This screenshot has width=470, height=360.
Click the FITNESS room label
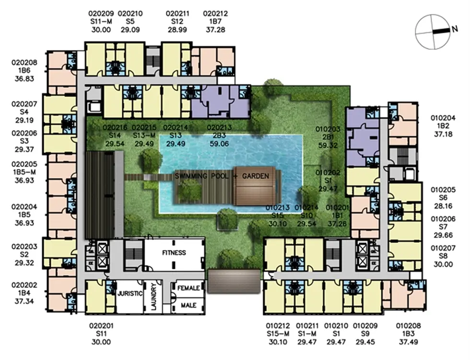174,252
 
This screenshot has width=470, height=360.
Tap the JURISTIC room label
129,293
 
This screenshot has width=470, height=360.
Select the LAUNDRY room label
154,296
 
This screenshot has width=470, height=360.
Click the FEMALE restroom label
188,288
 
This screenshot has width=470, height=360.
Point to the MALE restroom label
188,305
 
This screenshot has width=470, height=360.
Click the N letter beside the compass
455,29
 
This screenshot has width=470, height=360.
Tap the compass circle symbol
433,32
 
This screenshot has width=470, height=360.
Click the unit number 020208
24,63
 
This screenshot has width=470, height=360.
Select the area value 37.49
409,342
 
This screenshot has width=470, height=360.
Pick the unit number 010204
443,118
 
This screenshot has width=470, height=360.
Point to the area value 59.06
219,144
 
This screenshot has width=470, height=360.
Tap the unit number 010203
328,129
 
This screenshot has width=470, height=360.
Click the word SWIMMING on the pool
191,176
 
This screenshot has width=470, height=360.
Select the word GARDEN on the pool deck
255,176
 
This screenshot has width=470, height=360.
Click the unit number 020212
215,13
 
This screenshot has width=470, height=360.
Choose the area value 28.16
443,206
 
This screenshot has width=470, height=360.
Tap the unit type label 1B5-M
24,172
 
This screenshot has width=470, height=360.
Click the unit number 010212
278,325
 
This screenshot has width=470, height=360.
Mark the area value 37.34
24,301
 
